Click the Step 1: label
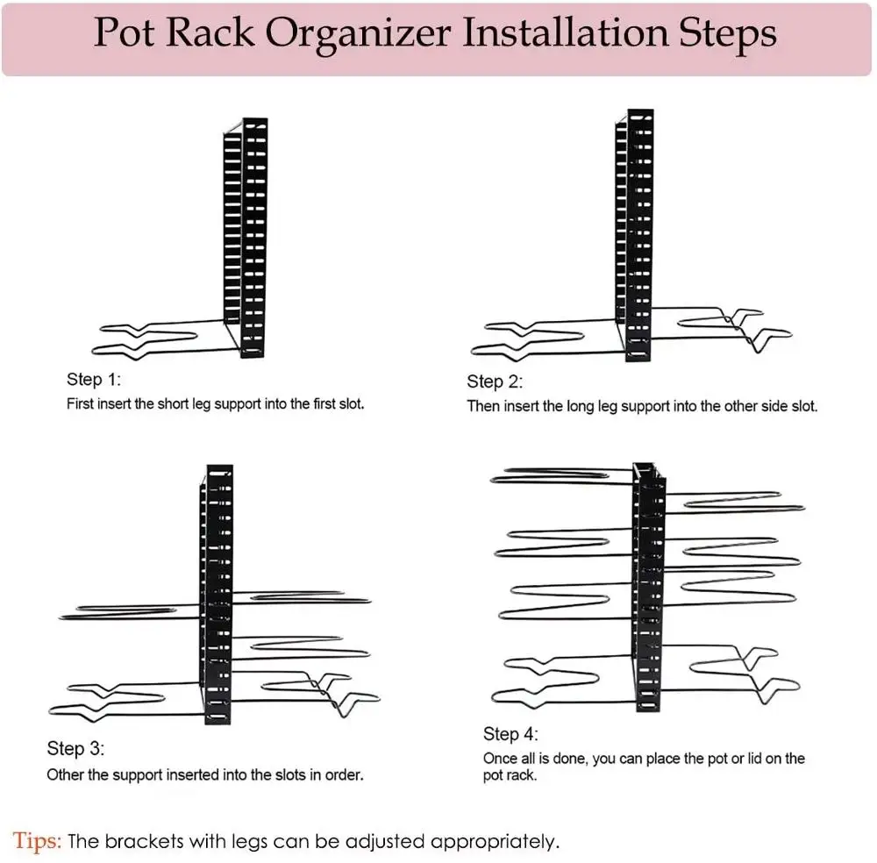(94, 380)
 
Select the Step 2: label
(495, 382)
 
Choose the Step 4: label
(510, 733)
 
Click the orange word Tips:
(38, 842)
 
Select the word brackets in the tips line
(139, 842)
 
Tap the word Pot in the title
(122, 33)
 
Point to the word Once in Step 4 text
(500, 759)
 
